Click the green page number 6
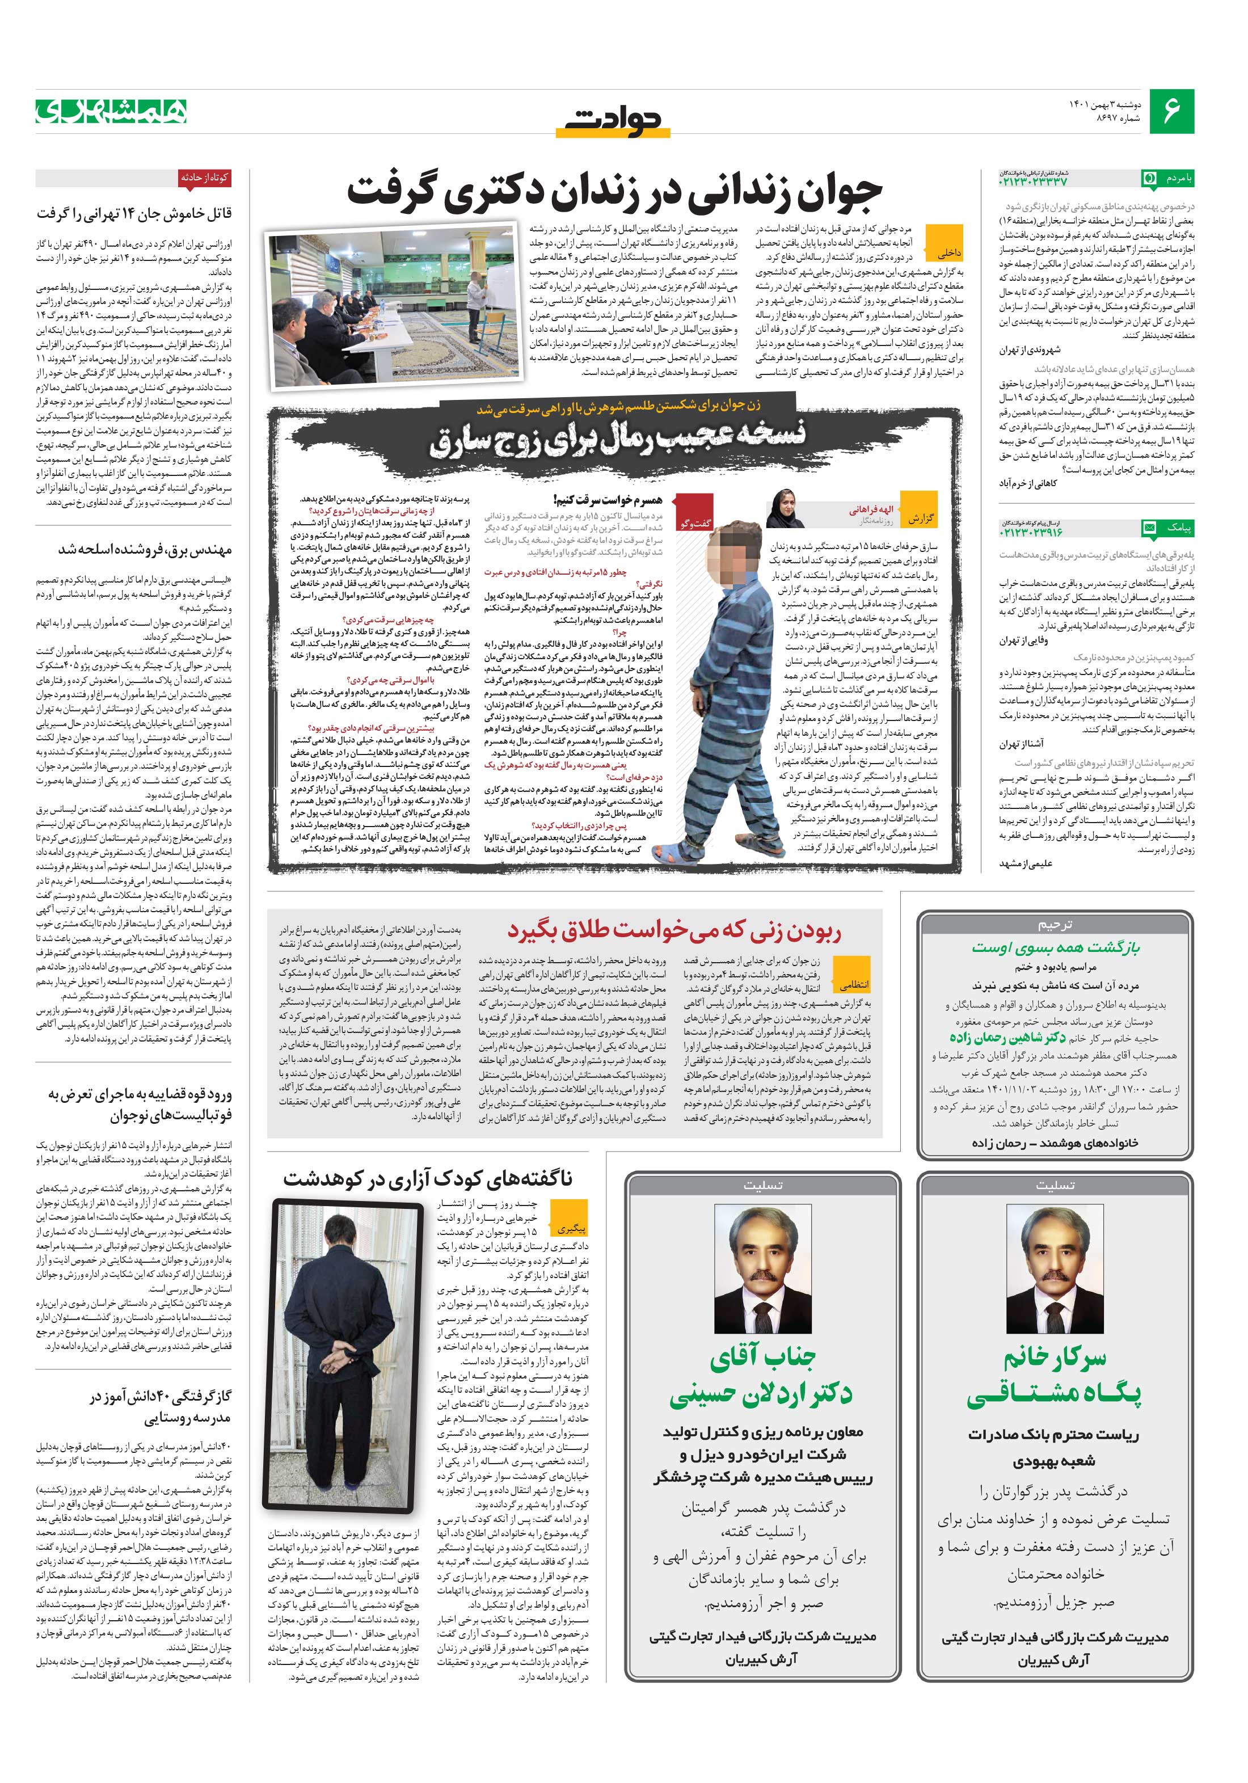click(x=1173, y=111)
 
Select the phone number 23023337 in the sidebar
click(x=1033, y=180)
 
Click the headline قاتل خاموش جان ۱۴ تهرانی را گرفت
click(x=134, y=213)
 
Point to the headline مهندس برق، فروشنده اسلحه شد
click(x=145, y=549)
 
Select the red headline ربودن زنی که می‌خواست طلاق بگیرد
click(x=674, y=930)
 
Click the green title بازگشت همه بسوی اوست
click(x=1055, y=947)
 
